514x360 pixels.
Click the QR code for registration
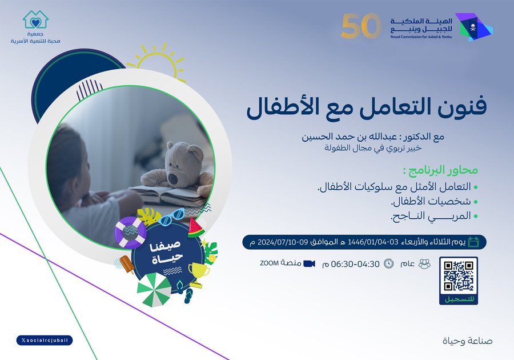tap(458, 276)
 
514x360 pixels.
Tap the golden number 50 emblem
tap(361, 26)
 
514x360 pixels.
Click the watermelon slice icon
tap(196, 228)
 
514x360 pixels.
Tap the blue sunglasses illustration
tap(172, 217)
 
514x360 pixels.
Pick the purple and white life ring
tap(130, 232)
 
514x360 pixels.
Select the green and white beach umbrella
tap(154, 290)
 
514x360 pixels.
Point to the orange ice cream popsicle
tap(127, 264)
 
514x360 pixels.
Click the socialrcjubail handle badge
tap(45, 341)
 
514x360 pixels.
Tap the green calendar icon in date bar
tap(473, 242)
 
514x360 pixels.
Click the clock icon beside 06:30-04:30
tap(389, 263)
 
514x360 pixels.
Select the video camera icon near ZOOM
tap(309, 263)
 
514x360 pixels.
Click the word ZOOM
tap(269, 263)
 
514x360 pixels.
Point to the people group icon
tap(424, 263)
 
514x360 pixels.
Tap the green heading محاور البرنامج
tap(440, 170)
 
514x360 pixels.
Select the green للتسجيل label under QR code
tap(458, 299)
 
